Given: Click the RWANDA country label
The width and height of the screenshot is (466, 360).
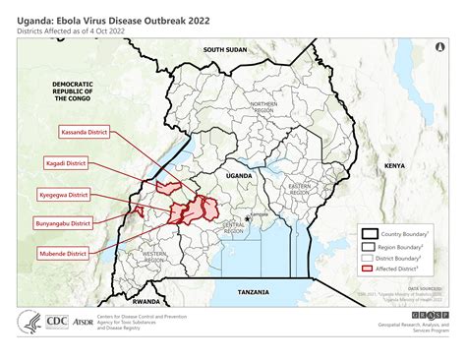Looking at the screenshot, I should click(x=147, y=300).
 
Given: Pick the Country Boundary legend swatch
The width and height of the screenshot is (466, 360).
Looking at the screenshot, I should click(x=369, y=234).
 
